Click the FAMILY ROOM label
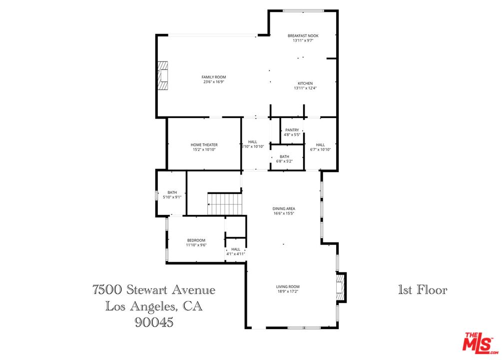pyautogui.click(x=214, y=77)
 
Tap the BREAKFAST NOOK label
pyautogui.click(x=303, y=36)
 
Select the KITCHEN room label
pyautogui.click(x=305, y=83)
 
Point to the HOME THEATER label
pyautogui.click(x=204, y=145)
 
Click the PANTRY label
pyautogui.click(x=292, y=130)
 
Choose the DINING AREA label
pyautogui.click(x=284, y=209)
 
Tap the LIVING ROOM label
pyautogui.click(x=288, y=286)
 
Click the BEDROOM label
pyautogui.click(x=196, y=240)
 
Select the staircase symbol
pyautogui.click(x=225, y=204)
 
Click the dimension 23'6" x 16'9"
pyautogui.click(x=214, y=81)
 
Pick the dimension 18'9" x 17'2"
pyautogui.click(x=288, y=291)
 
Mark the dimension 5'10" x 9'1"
pyautogui.click(x=172, y=197)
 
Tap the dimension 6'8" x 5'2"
pyautogui.click(x=284, y=161)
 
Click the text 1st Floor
pyautogui.click(x=422, y=290)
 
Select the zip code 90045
pyautogui.click(x=154, y=323)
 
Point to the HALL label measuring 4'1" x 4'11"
pyautogui.click(x=236, y=249)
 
